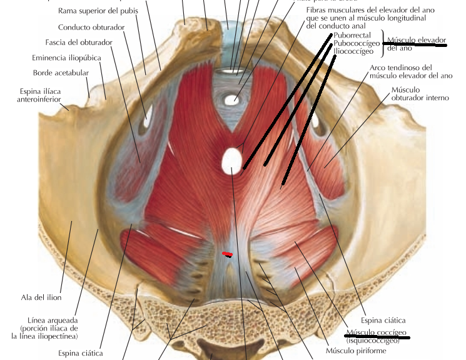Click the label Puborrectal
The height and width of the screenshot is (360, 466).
pyautogui.click(x=353, y=35)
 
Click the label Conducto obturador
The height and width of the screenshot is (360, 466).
pyautogui.click(x=91, y=28)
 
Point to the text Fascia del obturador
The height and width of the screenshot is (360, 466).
pyautogui.click(x=79, y=43)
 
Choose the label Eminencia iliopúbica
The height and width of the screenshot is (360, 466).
pyautogui.click(x=67, y=58)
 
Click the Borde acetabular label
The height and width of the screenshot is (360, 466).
pyautogui.click(x=61, y=73)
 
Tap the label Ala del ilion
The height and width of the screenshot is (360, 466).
pyautogui.click(x=41, y=297)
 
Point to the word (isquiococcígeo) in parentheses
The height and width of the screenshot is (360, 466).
pyautogui.click(x=373, y=341)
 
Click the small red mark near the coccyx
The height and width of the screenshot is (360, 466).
pyautogui.click(x=227, y=254)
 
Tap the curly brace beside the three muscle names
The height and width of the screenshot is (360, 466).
pyautogui.click(x=383, y=43)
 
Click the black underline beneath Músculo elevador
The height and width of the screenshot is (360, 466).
pyautogui.click(x=417, y=44)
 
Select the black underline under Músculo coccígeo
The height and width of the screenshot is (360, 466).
pyautogui.click(x=378, y=336)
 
